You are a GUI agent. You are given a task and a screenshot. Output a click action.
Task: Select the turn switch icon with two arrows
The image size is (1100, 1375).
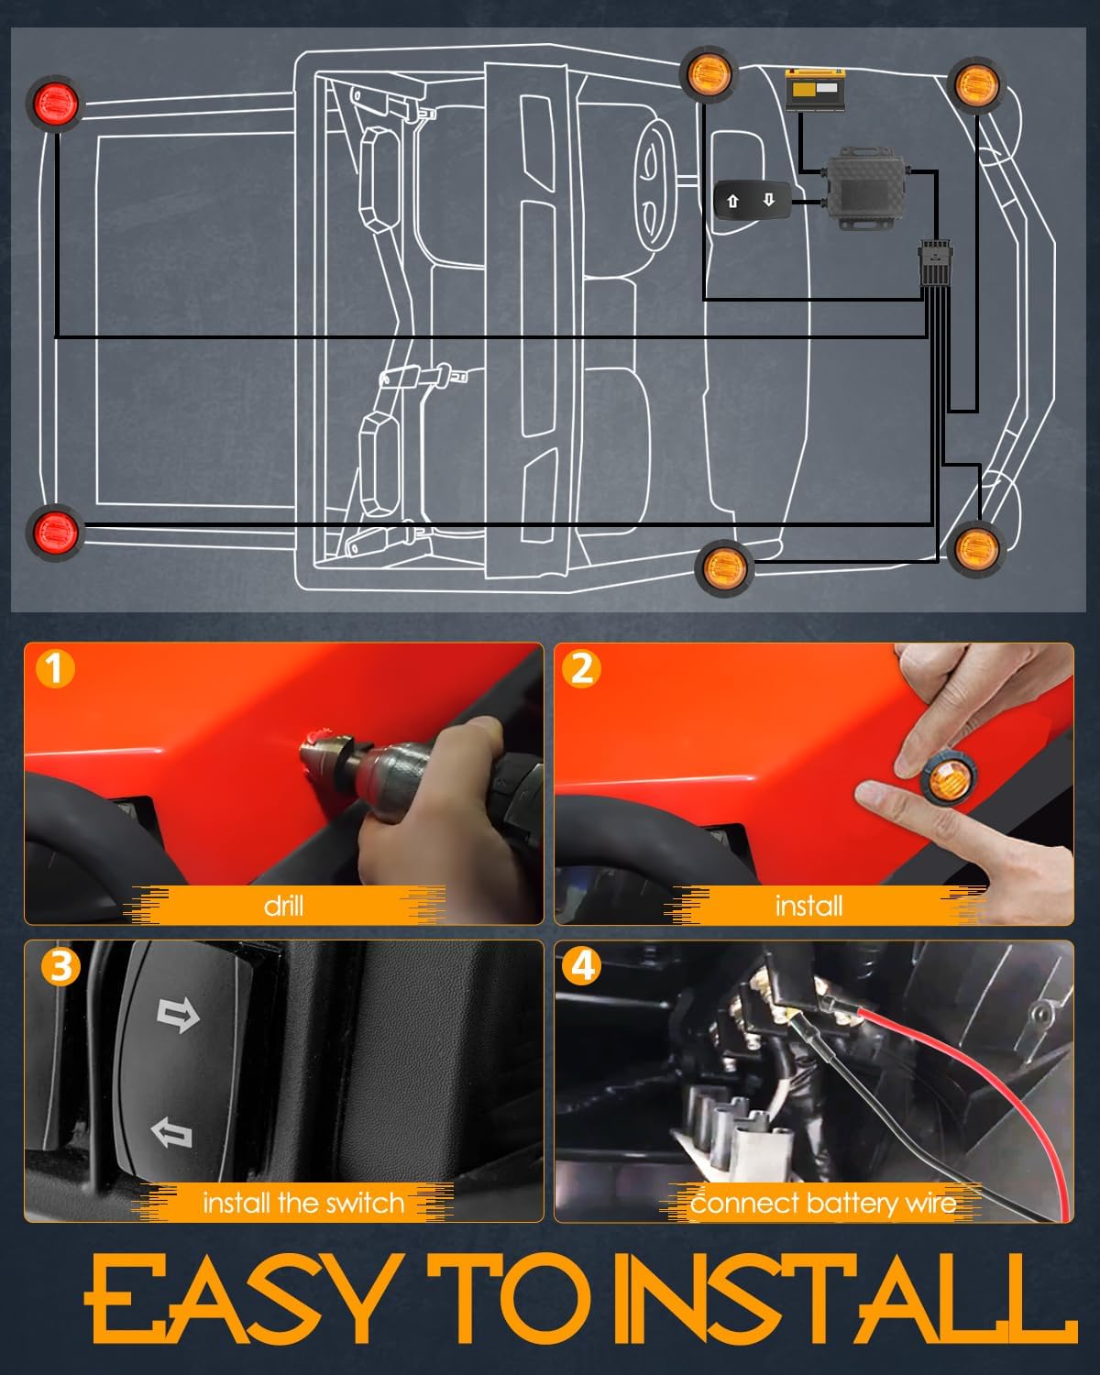click(x=751, y=201)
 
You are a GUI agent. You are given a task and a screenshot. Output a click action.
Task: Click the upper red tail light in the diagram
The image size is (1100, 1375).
click(x=57, y=103)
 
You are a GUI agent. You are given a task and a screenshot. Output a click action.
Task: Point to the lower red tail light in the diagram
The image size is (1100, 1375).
click(x=55, y=529)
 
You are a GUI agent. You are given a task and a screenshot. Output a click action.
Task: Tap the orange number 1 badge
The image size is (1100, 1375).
click(x=54, y=669)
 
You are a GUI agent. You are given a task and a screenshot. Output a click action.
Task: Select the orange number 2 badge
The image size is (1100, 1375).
click(x=582, y=669)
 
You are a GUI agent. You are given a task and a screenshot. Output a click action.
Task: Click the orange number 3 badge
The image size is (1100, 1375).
click(x=60, y=967)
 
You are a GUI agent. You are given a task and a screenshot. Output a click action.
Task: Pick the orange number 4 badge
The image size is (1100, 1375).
click(x=583, y=966)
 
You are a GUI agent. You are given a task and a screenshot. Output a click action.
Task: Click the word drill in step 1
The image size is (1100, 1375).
click(x=283, y=906)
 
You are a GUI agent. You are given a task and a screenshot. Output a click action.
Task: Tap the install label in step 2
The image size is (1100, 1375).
click(x=808, y=906)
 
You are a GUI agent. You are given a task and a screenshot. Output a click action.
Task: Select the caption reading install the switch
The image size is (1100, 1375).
click(x=302, y=1203)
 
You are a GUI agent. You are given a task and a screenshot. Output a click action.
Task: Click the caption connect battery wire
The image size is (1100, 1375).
click(x=822, y=1203)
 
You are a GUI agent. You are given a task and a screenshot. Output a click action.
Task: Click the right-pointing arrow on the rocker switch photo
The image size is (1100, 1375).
click(x=178, y=1015)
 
